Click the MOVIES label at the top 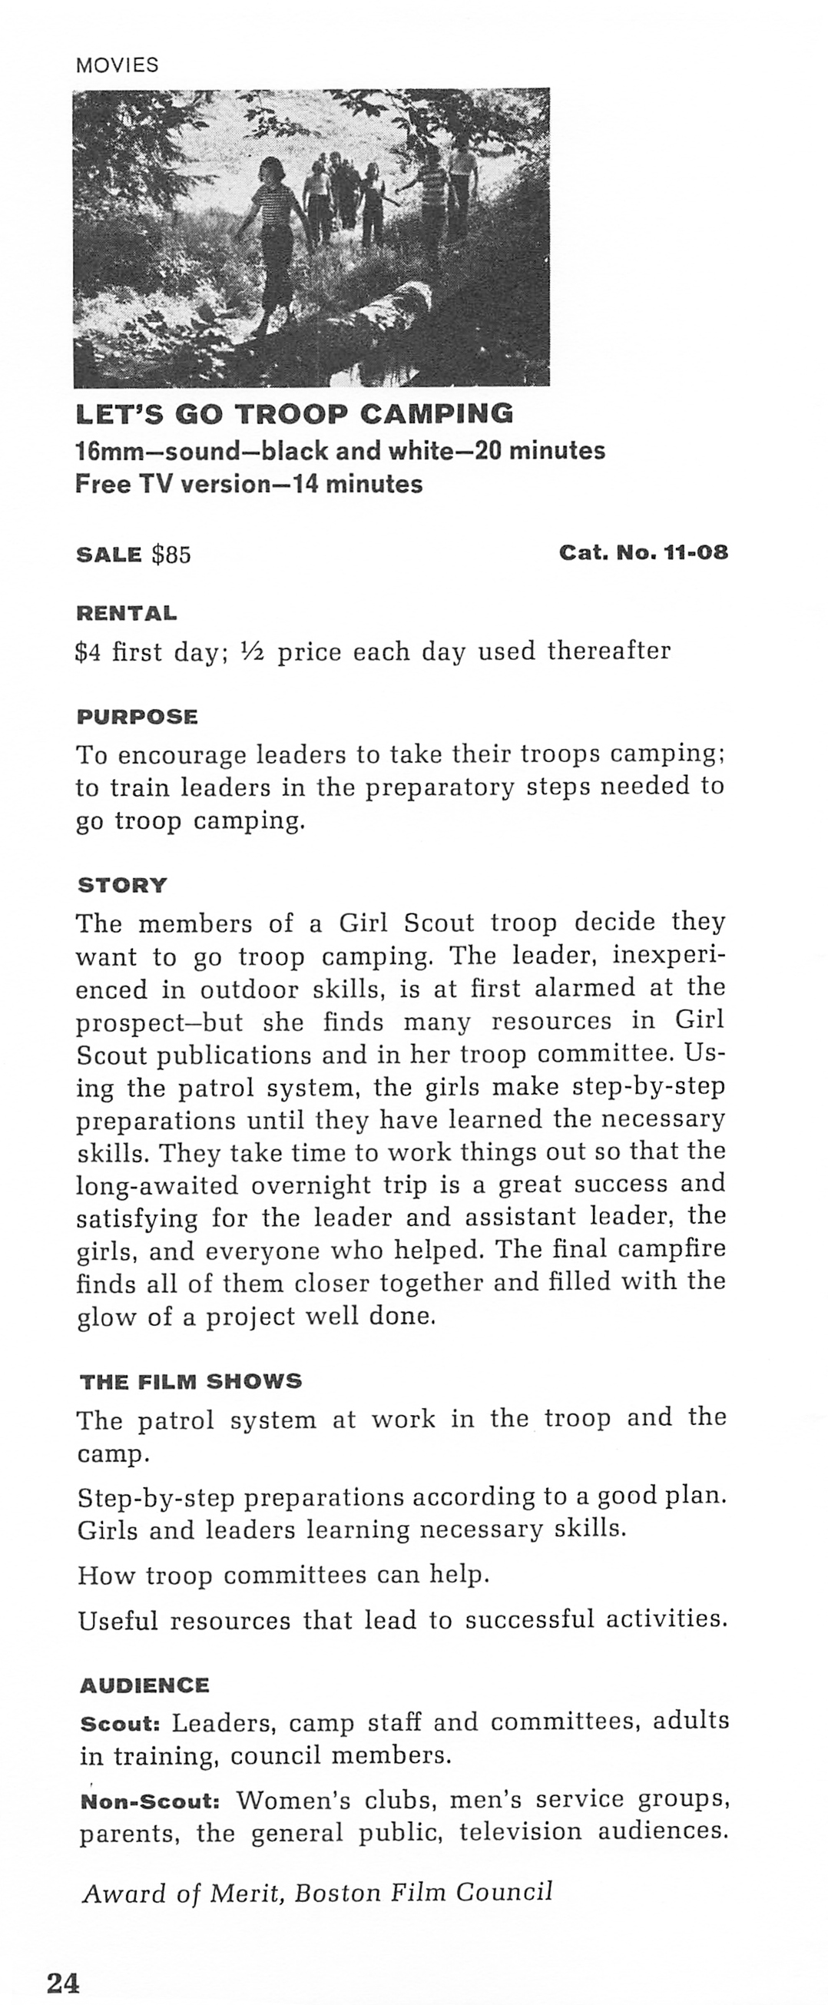pos(117,65)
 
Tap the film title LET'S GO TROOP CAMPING pos(294,414)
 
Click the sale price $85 pos(171,555)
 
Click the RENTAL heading pos(126,613)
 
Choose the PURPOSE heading pos(137,717)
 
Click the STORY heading pos(122,886)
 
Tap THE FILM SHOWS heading pos(190,1381)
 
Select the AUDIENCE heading pos(144,1686)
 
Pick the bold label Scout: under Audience pos(120,1724)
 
